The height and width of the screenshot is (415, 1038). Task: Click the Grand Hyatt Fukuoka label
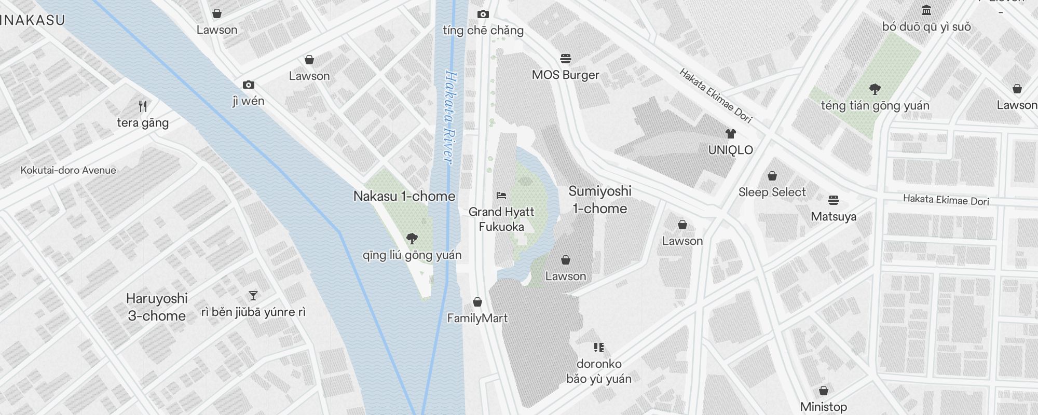[x=501, y=219]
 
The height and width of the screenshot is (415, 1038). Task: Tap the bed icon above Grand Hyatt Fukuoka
[x=501, y=196]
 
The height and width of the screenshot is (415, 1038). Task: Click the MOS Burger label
[x=565, y=75]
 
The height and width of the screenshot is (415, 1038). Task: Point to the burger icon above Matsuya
[x=834, y=200]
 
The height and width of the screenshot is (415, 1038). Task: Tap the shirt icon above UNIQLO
[x=731, y=134]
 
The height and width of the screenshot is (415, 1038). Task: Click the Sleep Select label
[x=772, y=192]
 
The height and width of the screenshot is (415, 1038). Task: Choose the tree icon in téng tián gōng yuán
[x=875, y=89]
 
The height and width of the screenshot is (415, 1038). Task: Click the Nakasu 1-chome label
[x=404, y=197]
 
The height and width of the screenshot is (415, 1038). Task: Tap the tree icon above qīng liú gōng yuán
[x=412, y=239]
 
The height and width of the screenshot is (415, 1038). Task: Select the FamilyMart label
[x=477, y=318]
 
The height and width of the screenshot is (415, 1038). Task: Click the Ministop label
[x=823, y=407]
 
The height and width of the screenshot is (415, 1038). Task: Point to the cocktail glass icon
[x=253, y=296]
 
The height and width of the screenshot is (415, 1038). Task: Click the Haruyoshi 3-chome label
[x=157, y=307]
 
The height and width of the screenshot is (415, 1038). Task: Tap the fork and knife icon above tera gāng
[x=143, y=106]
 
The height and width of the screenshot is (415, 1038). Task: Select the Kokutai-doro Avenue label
[x=69, y=170]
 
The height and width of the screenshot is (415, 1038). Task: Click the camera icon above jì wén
[x=249, y=85]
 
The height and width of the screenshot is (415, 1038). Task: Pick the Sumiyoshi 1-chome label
[x=599, y=200]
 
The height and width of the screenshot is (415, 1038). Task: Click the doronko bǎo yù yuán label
[x=598, y=371]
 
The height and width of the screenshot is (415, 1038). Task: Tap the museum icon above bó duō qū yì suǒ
[x=926, y=10]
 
